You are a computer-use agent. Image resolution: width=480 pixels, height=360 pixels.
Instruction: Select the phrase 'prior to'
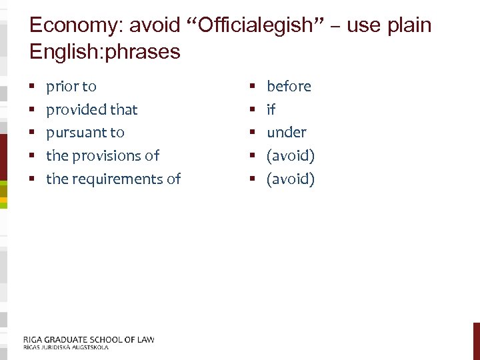[x=71, y=87]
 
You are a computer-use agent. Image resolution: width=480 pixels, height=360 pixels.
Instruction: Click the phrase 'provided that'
[x=91, y=109]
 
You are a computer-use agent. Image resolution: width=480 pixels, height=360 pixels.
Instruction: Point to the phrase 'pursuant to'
[x=85, y=133]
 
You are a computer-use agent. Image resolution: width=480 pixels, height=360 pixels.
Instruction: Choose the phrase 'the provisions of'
[x=103, y=156]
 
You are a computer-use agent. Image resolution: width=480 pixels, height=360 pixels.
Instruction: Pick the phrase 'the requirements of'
[x=113, y=179]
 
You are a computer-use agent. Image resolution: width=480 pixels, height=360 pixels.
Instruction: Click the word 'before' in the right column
[x=289, y=87]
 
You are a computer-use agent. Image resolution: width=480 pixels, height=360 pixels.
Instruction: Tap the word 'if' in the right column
[x=271, y=109]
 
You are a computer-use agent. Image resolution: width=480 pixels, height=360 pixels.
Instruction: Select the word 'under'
[x=286, y=133]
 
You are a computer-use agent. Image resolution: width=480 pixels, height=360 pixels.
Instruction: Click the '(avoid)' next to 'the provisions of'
[x=290, y=156]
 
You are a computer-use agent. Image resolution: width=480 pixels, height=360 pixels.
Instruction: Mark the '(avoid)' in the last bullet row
[x=290, y=179]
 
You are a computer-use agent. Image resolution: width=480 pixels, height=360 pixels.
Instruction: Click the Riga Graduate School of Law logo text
[x=89, y=339]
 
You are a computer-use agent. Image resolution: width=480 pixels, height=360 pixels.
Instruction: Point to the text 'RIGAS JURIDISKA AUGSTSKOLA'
[x=65, y=347]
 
